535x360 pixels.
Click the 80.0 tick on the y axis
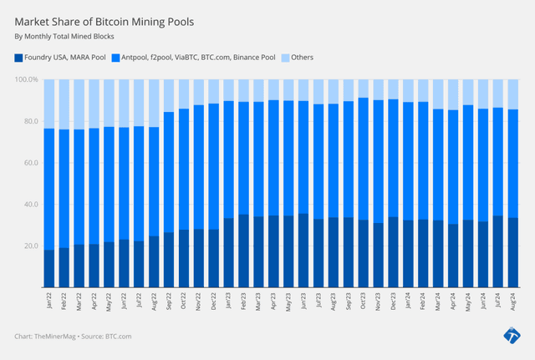coord(29,121)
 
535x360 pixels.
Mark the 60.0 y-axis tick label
coord(29,163)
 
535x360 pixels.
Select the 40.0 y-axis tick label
coord(29,205)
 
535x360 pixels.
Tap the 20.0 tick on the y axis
coord(29,246)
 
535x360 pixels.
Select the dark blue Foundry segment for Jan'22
coord(49,268)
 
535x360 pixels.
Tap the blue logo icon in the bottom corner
coord(512,336)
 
